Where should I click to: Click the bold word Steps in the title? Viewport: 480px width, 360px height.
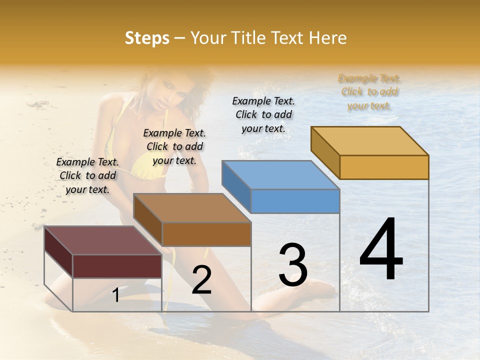click(x=147, y=38)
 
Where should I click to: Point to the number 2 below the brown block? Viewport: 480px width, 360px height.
click(x=201, y=280)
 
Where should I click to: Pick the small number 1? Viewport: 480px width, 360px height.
click(x=116, y=295)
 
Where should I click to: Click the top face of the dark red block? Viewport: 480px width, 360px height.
click(x=102, y=240)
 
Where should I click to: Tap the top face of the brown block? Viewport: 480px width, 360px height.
click(x=192, y=207)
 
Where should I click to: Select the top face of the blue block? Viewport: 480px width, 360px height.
click(x=280, y=175)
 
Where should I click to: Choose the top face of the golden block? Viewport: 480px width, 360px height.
click(x=370, y=140)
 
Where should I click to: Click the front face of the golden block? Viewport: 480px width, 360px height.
click(x=384, y=167)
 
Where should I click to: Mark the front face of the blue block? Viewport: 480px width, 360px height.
click(x=295, y=201)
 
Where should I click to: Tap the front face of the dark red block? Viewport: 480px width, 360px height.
click(x=117, y=266)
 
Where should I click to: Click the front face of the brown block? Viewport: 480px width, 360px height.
click(x=206, y=234)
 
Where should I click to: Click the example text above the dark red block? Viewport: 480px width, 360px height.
click(x=87, y=176)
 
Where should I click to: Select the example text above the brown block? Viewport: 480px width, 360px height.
click(x=174, y=147)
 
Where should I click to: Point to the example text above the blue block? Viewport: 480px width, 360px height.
click(x=263, y=114)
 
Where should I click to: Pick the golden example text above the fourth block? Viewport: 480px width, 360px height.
click(x=369, y=92)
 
